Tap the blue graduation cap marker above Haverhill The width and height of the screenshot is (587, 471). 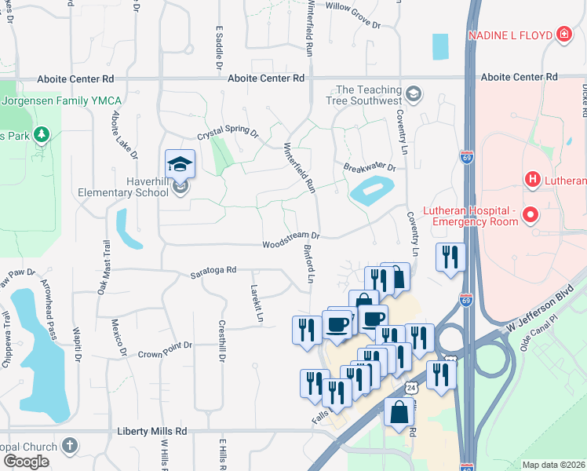click(180, 164)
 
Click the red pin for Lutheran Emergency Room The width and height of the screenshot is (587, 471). click(530, 214)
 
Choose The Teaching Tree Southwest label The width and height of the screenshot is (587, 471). click(369, 96)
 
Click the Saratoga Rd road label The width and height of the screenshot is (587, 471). click(212, 271)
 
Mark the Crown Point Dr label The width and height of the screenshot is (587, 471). click(166, 346)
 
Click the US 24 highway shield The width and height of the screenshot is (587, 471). click(412, 388)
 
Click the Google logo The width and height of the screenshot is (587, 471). click(25, 462)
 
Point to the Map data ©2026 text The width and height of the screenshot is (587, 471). click(553, 465)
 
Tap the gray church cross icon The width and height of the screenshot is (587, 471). click(69, 446)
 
